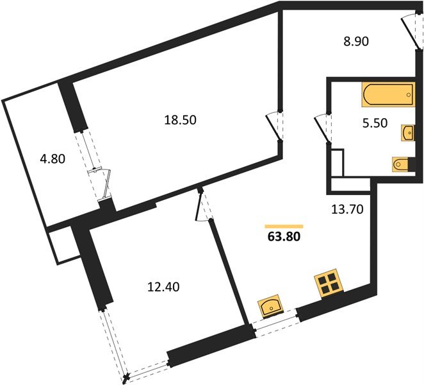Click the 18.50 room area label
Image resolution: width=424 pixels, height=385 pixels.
click(180, 120)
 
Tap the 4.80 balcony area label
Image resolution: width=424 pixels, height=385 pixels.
click(53, 159)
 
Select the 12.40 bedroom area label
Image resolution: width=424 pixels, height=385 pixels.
click(163, 287)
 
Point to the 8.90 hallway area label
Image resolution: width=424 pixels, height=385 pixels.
click(356, 42)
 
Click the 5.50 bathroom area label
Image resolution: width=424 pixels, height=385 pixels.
click(375, 123)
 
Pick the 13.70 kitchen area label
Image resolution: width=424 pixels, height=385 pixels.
click(347, 209)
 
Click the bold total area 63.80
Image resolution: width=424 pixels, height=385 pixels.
click(284, 237)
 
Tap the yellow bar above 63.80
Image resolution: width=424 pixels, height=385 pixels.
click(284, 227)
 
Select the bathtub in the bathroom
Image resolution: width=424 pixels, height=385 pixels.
click(389, 94)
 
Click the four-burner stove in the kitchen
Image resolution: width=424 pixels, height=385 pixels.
click(329, 284)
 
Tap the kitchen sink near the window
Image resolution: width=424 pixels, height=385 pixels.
click(271, 305)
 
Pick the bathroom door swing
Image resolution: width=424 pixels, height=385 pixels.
click(322, 128)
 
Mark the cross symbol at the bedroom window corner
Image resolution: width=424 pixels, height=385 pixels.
click(126, 377)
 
